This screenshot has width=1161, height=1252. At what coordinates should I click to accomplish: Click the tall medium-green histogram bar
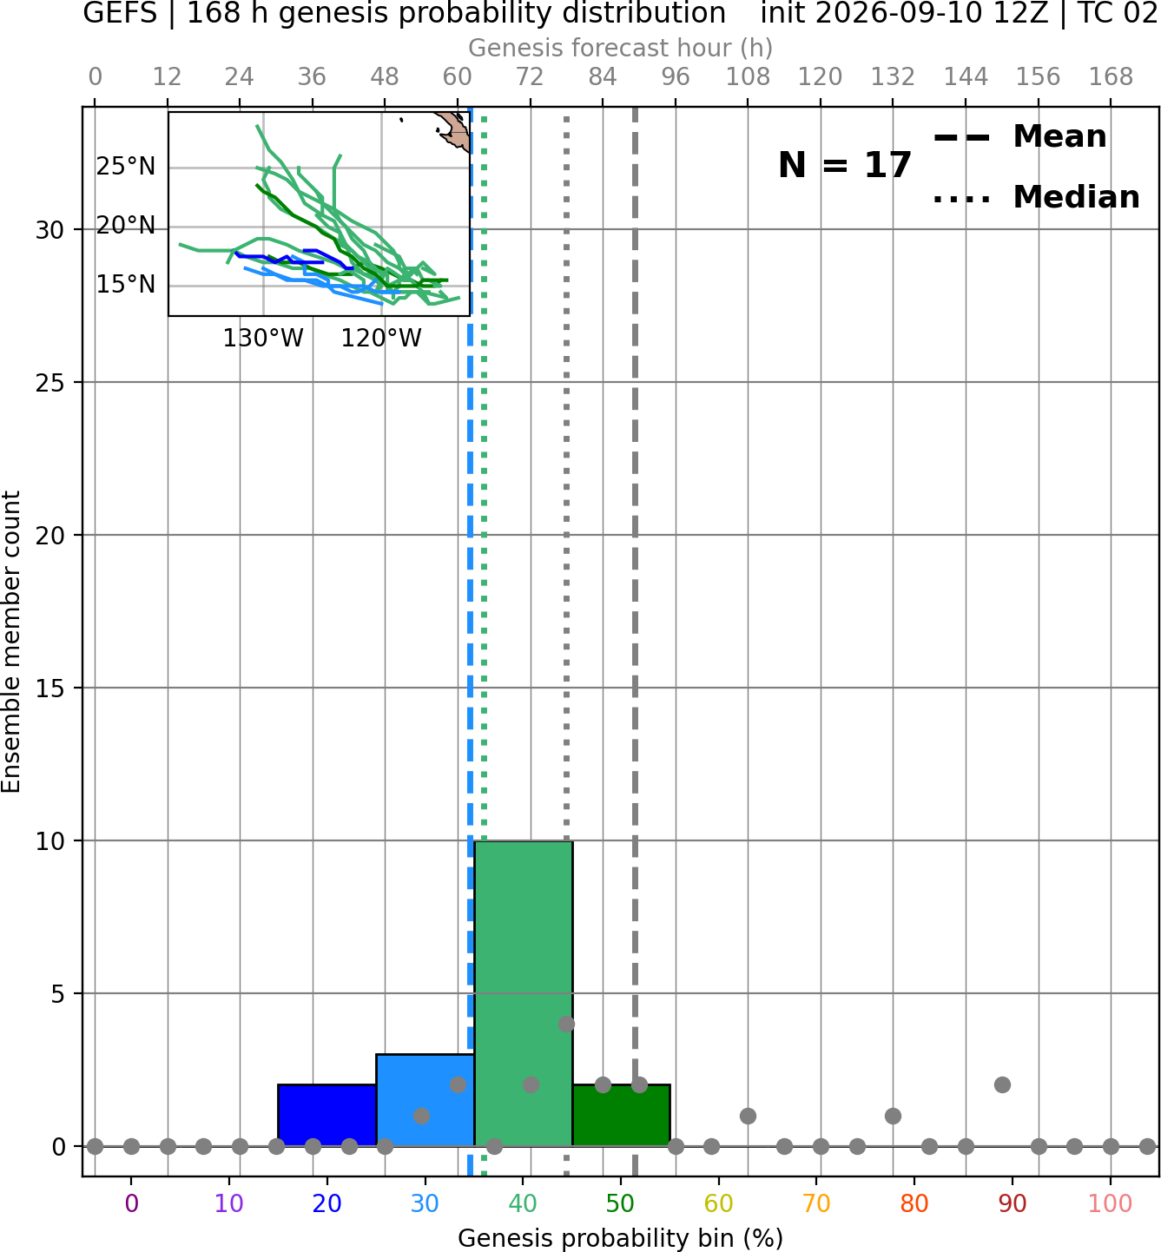[x=524, y=993]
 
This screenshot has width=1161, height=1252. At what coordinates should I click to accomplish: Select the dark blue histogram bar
[x=327, y=1115]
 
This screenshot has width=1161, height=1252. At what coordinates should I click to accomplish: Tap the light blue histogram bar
[x=425, y=1100]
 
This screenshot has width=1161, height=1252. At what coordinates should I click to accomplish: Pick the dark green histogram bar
[x=621, y=1115]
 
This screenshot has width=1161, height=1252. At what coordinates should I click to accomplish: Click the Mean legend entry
[x=1019, y=137]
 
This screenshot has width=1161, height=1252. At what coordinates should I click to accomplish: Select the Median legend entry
[x=1036, y=197]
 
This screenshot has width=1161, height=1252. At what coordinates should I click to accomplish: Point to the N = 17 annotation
[x=844, y=165]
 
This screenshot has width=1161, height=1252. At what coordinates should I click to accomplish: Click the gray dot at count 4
[x=566, y=1024]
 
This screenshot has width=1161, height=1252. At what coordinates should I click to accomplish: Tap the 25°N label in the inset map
[x=126, y=167]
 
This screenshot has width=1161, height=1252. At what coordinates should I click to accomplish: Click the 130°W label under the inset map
[x=263, y=339]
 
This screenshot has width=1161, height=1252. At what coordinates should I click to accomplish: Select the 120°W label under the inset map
[x=381, y=339]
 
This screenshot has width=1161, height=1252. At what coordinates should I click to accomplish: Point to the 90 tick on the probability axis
[x=1013, y=1204]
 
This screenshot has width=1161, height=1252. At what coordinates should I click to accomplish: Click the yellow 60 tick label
[x=718, y=1204]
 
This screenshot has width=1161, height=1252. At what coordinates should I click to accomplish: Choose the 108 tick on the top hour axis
[x=748, y=77]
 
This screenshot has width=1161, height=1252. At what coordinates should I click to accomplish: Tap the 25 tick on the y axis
[x=50, y=383]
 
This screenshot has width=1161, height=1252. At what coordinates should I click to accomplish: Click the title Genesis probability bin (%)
[x=621, y=1238]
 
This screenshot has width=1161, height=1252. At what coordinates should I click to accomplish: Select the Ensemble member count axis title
[x=10, y=642]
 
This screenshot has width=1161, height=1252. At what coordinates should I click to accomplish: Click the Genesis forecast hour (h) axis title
[x=621, y=48]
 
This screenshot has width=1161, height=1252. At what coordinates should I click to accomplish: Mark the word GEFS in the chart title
[x=120, y=13]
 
